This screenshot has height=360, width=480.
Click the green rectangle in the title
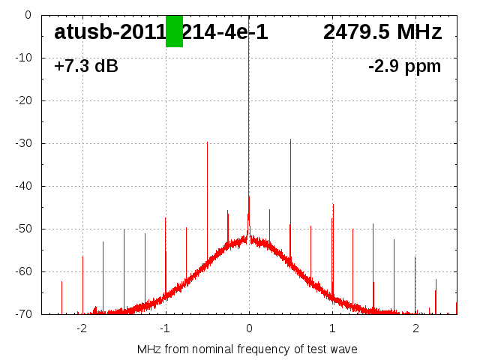click(174, 31)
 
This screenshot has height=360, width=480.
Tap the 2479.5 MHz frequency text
click(382, 32)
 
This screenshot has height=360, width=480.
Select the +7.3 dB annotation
click(86, 67)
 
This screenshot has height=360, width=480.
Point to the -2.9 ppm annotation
click(404, 67)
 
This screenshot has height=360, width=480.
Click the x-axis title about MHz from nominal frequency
click(247, 349)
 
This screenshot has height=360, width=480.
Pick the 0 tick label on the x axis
click(249, 328)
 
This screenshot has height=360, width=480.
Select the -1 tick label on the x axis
click(165, 328)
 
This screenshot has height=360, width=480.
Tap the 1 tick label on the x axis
click(332, 328)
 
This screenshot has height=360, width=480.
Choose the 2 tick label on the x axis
click(415, 328)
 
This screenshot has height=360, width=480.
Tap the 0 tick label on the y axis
click(28, 15)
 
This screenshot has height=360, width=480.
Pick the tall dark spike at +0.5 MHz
click(290, 187)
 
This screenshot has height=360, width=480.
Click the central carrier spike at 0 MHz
click(249, 112)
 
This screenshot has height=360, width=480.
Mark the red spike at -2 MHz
click(82, 285)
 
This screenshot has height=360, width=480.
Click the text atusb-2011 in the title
click(109, 32)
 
